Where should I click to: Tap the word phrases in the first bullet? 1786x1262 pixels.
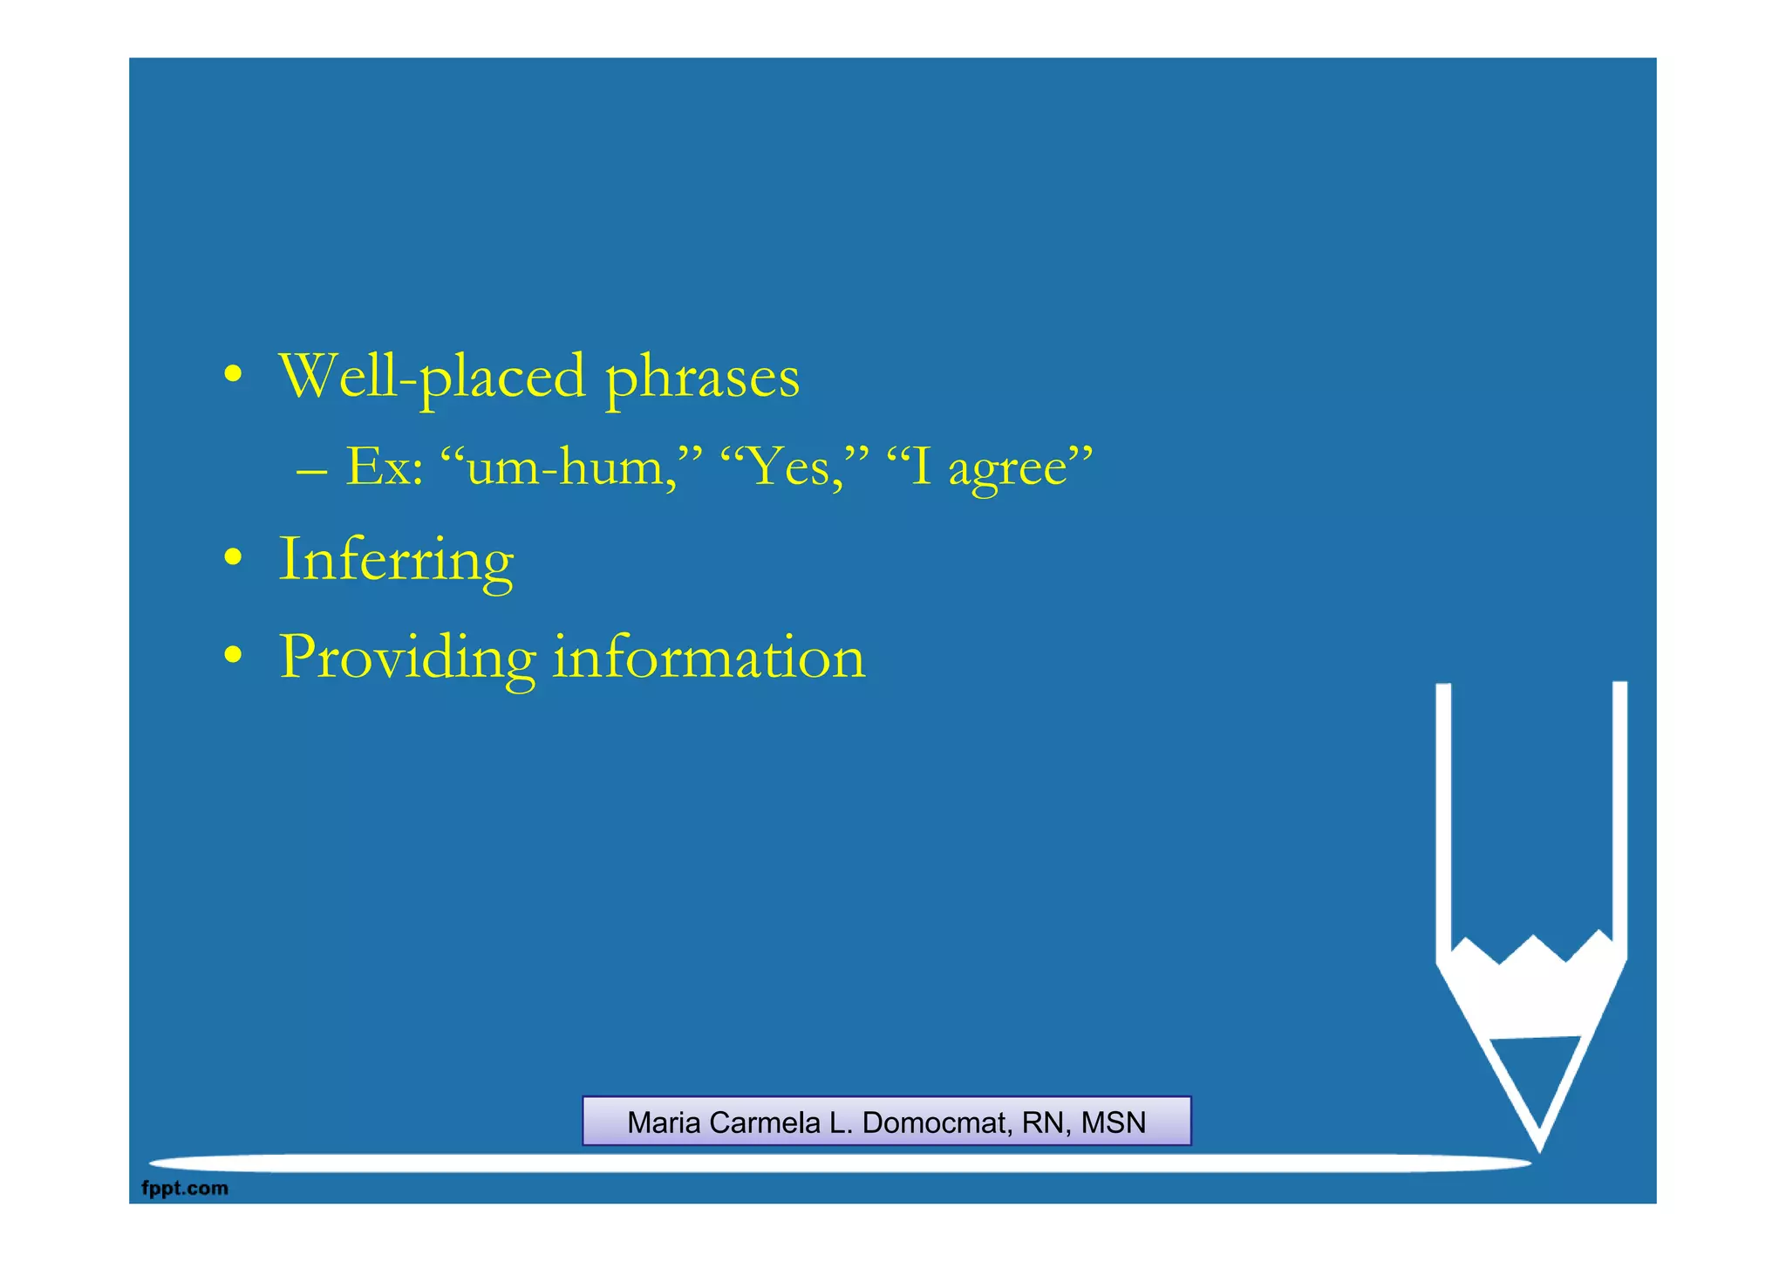click(x=702, y=377)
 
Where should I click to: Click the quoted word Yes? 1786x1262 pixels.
click(x=789, y=467)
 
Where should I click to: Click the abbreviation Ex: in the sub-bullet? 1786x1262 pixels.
click(x=385, y=467)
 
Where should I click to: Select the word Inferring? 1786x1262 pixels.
click(x=396, y=561)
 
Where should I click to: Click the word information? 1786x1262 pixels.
click(x=709, y=657)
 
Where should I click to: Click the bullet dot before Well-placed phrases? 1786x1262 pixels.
click(x=232, y=374)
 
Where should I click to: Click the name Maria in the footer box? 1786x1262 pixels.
click(x=665, y=1122)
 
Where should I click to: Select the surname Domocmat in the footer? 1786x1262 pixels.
click(x=934, y=1122)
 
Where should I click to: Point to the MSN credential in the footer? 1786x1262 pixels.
click(x=1113, y=1122)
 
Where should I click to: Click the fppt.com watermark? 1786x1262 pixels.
click(x=185, y=1188)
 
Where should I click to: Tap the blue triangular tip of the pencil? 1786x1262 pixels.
click(x=1537, y=1077)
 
